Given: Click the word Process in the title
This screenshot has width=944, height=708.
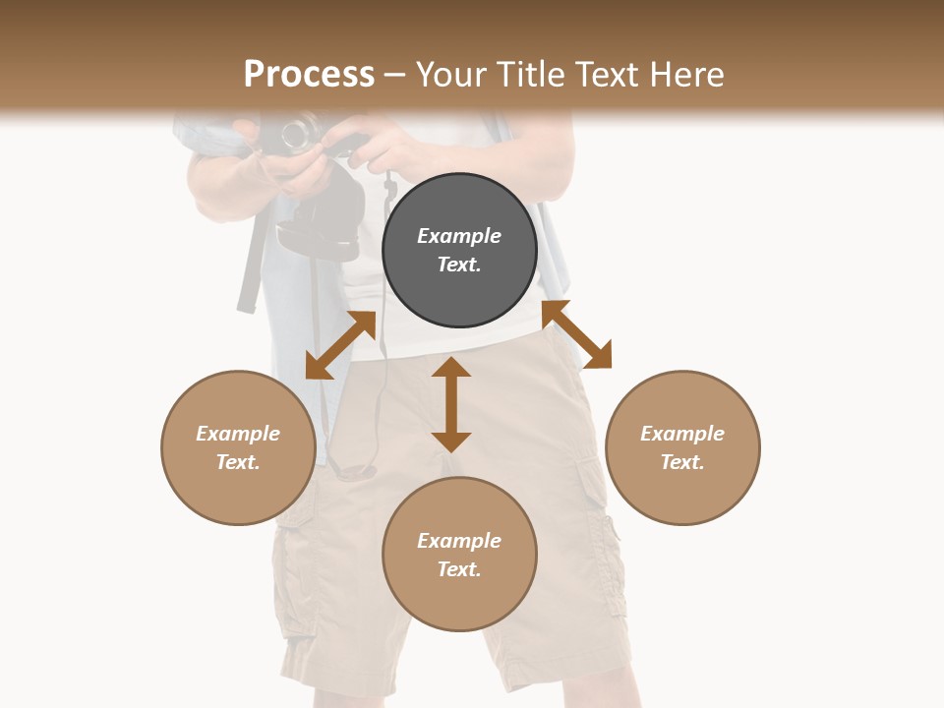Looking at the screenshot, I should (309, 75).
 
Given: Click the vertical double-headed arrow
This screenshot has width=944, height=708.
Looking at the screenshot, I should (451, 404).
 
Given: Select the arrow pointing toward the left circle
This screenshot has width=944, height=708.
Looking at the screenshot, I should (340, 344).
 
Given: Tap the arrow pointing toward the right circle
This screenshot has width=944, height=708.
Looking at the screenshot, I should (576, 334).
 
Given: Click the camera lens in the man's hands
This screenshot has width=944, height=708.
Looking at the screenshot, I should (298, 134).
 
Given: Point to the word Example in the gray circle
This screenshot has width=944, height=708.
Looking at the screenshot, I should (459, 236).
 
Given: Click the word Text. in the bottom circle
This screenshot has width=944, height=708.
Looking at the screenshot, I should (459, 569).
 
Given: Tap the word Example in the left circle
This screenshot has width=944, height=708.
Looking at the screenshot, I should (238, 434).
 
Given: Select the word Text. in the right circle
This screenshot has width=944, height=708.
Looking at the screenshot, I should (682, 462).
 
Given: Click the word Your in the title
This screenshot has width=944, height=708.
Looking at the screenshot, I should (453, 75).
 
